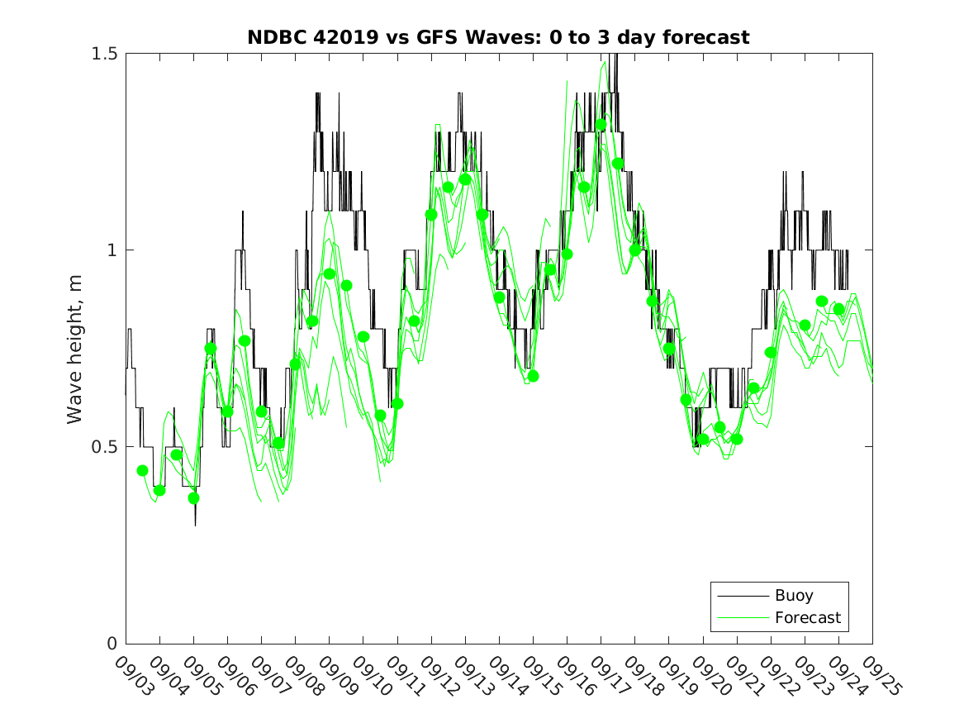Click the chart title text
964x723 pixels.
(498, 37)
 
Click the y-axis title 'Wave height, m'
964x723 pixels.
(76, 348)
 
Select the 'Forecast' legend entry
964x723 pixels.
(807, 617)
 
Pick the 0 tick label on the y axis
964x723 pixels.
(113, 644)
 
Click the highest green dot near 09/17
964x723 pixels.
(601, 125)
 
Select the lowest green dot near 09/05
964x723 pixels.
(193, 498)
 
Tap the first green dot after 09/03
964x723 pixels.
(142, 470)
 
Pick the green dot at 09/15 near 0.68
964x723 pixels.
(533, 376)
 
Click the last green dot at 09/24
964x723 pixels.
(838, 309)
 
